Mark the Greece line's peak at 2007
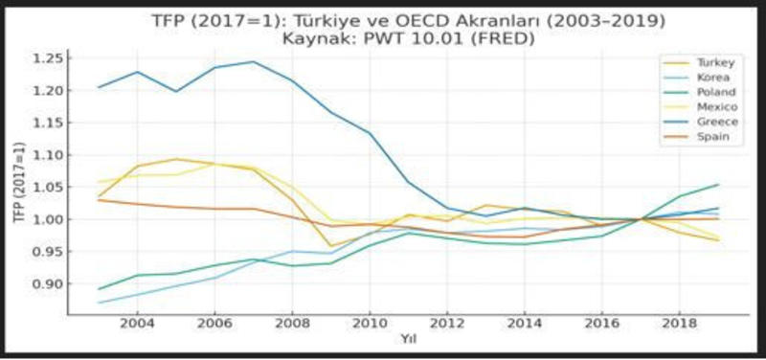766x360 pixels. (253, 61)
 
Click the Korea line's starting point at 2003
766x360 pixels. (98, 303)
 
